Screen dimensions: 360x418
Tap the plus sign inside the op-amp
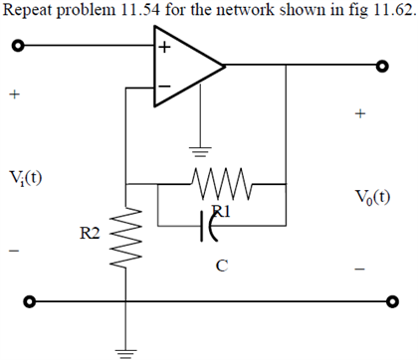click(x=164, y=48)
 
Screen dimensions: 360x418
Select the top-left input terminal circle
click(x=16, y=47)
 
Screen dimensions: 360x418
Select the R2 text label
click(x=91, y=233)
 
